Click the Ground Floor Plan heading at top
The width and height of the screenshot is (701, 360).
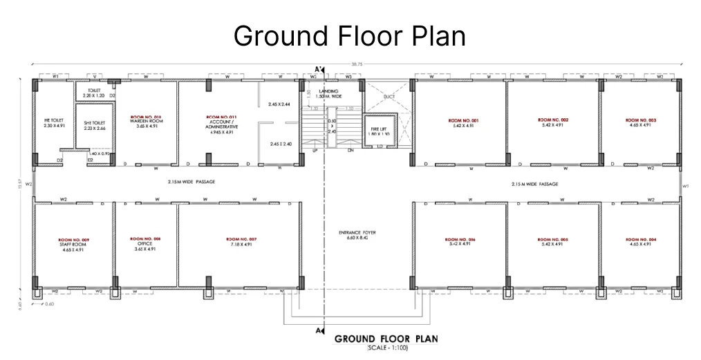[349, 36]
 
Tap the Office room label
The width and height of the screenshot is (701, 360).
[145, 243]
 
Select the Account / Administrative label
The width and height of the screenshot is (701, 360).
[221, 123]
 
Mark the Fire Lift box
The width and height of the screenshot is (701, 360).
[377, 130]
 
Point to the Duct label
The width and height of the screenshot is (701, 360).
[389, 97]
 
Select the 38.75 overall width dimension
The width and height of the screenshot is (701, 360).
[356, 64]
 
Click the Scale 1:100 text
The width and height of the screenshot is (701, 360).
[389, 348]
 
